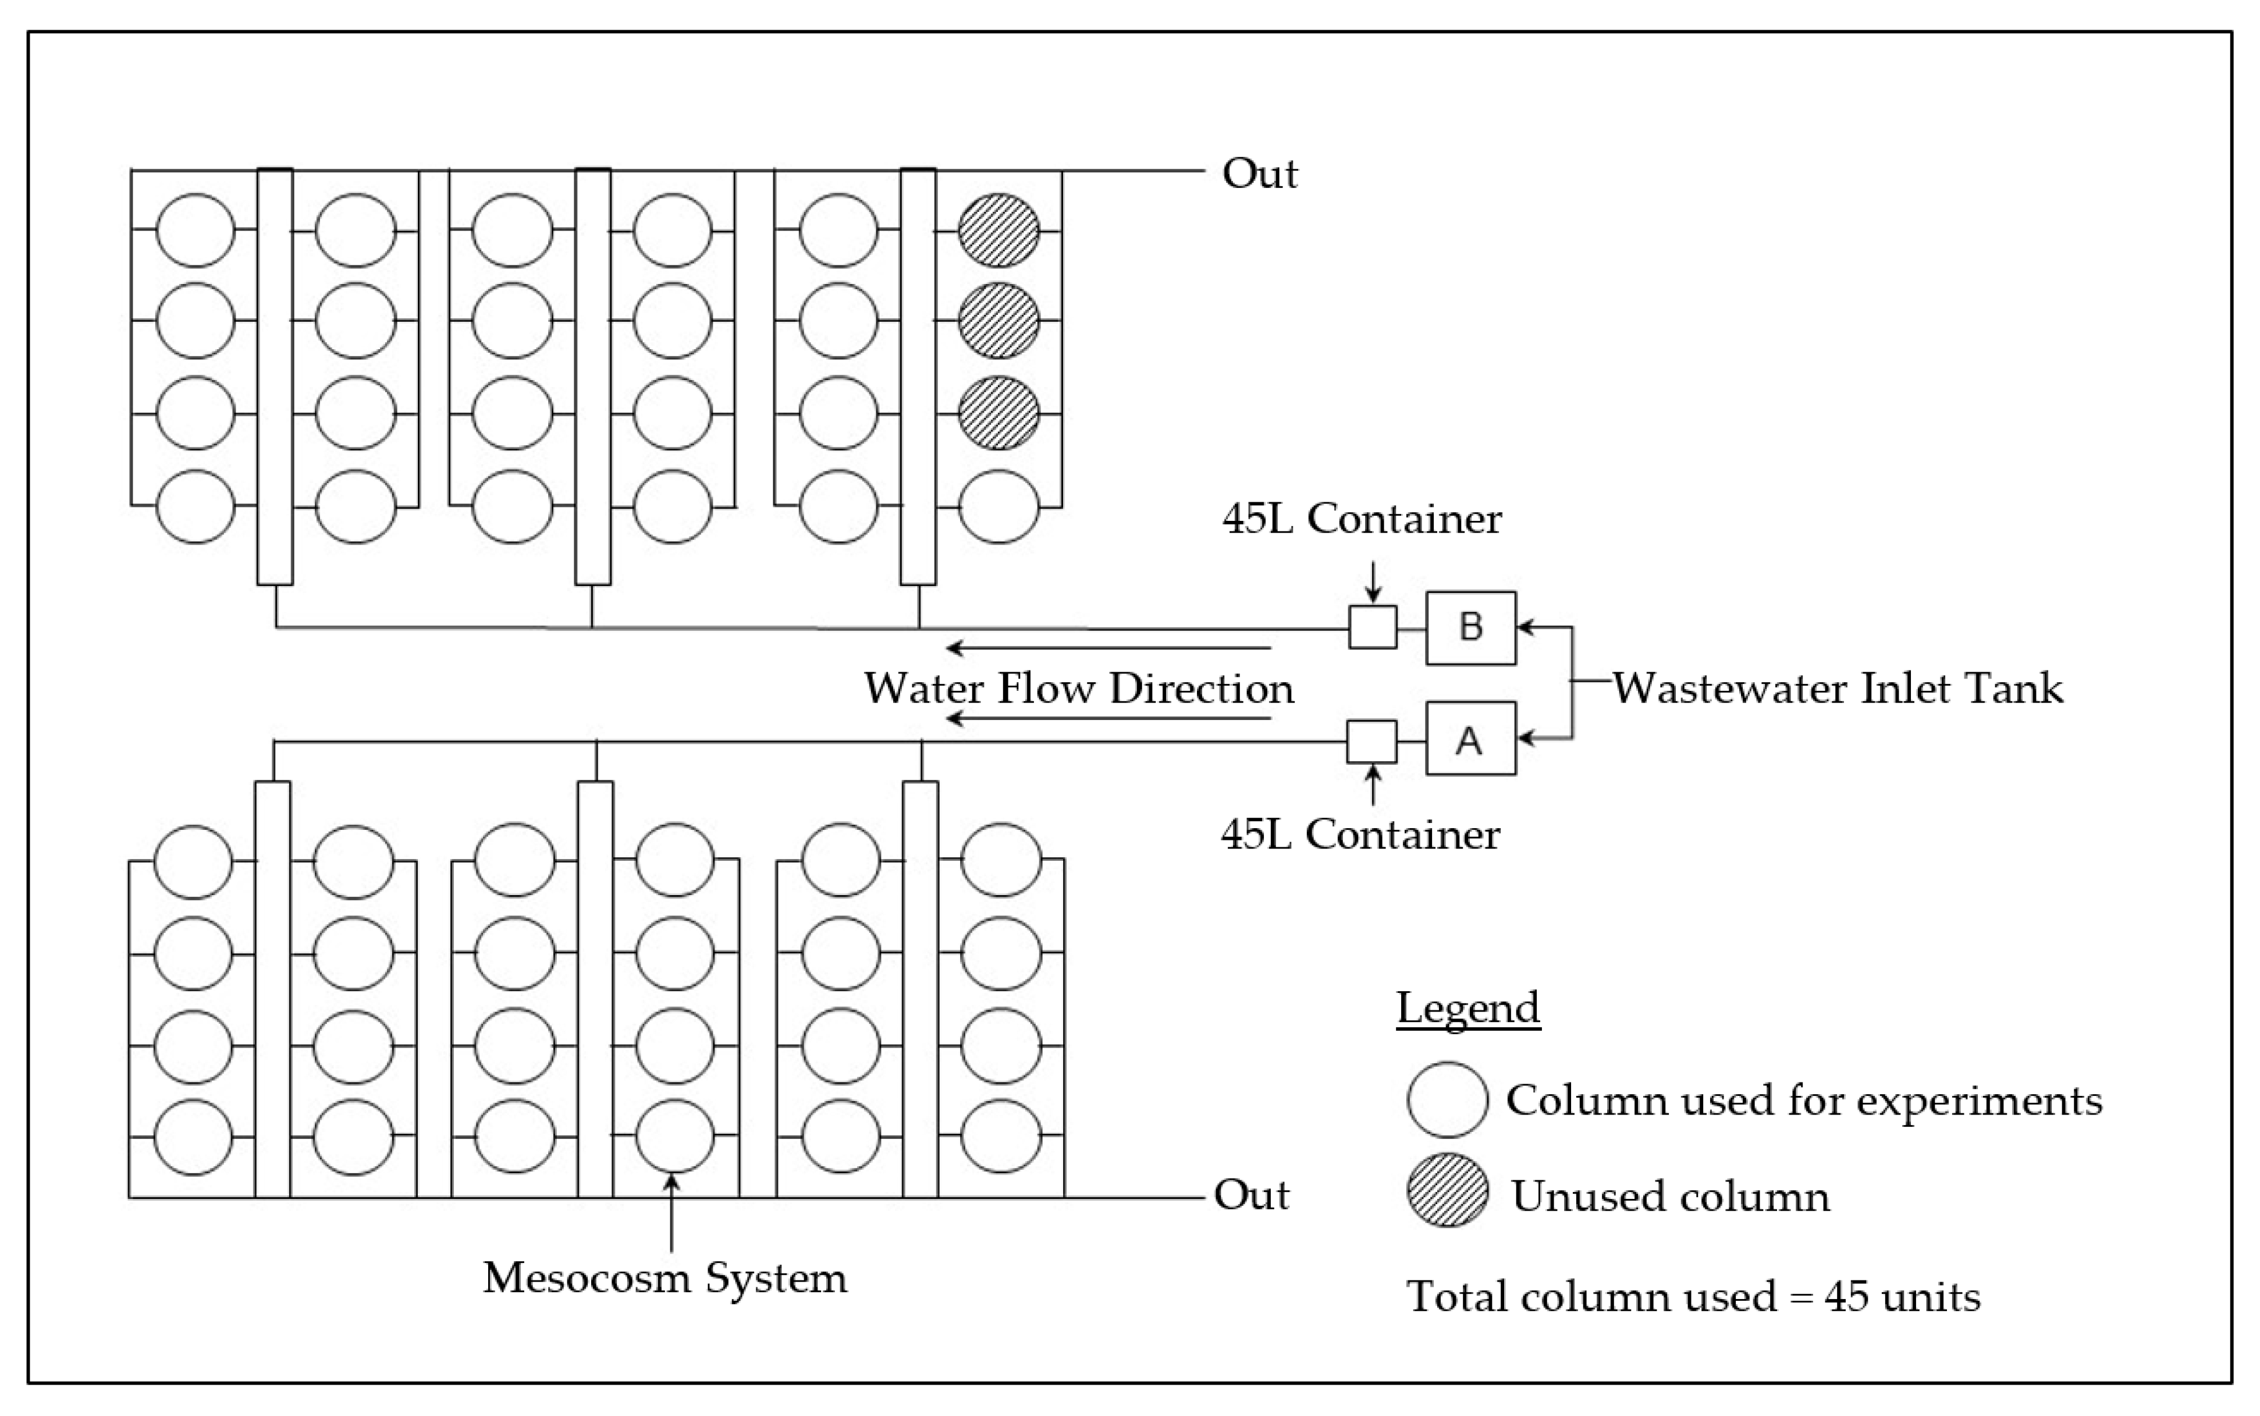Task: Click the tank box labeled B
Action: pos(1470,627)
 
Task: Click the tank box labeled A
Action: pos(1470,739)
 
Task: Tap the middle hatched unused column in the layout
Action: pos(999,320)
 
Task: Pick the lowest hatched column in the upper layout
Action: pos(999,413)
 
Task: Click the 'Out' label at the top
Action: pos(1259,174)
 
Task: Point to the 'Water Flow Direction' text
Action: pos(1079,689)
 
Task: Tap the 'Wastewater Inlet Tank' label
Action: pos(1837,689)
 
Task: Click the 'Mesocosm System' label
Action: pos(665,1277)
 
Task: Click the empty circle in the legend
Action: pos(1447,1099)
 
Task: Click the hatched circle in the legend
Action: pos(1447,1190)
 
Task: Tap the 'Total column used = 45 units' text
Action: pos(1693,1297)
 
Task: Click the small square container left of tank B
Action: pos(1373,627)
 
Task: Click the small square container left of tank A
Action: pos(1371,741)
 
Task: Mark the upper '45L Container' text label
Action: pos(1361,519)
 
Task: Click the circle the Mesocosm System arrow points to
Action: pos(674,1136)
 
